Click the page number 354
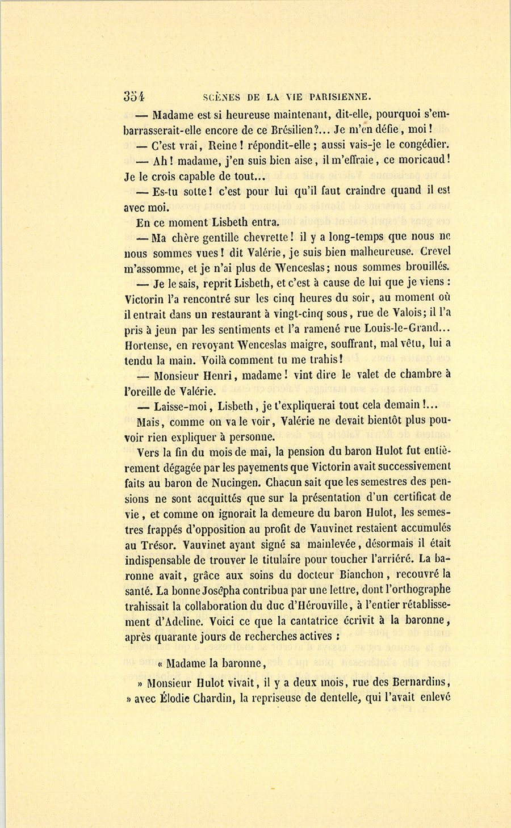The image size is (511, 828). pos(135,96)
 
